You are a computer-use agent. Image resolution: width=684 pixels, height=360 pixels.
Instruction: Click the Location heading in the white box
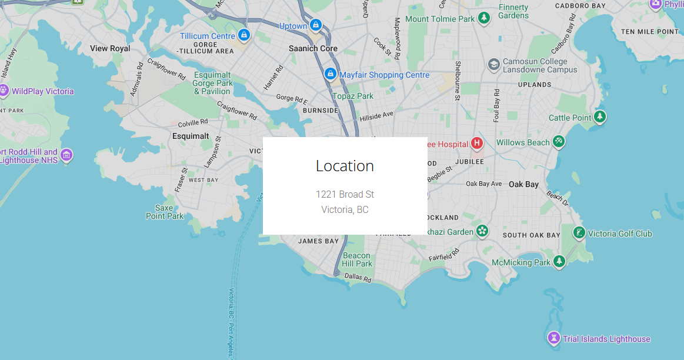coord(345,166)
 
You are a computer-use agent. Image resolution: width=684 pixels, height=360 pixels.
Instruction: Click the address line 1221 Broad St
coord(345,194)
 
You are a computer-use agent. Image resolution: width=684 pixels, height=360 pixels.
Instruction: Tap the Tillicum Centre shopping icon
coord(244,36)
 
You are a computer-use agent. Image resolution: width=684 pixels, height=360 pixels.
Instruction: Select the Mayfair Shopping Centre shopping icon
coord(331,75)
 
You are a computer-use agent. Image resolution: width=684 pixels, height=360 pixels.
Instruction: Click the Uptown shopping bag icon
coord(316,26)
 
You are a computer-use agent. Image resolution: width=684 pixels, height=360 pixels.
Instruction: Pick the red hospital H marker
coord(477,143)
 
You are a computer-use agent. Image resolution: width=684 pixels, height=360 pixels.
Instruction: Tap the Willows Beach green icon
coord(559,142)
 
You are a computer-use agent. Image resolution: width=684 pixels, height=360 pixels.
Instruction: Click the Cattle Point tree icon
coord(600,117)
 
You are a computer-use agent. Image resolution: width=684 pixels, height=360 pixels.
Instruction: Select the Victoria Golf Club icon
coord(579,233)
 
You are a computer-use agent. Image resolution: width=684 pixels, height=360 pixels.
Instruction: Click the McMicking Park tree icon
coord(559,262)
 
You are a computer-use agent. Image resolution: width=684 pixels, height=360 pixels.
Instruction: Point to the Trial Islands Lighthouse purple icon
coord(553,338)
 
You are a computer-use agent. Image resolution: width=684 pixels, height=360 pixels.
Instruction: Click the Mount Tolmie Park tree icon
coord(484,19)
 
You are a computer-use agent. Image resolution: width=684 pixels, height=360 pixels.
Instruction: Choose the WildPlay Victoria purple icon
coord(4,91)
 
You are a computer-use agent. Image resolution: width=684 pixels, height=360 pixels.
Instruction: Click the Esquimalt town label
coord(191,136)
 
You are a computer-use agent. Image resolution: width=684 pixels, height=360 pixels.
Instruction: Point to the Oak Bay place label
coord(523,184)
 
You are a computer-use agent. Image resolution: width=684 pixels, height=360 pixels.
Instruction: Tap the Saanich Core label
coord(313,48)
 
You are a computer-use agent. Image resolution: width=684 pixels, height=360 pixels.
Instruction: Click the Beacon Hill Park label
coord(357,259)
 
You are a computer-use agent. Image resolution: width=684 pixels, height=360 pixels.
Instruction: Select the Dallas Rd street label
coord(358,277)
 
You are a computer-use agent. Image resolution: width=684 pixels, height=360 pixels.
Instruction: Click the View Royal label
coord(110,48)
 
